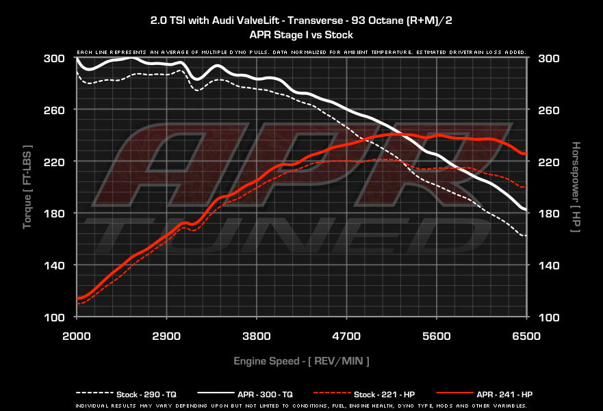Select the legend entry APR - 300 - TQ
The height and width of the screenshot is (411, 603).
[265, 394]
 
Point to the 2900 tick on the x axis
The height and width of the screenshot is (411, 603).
[166, 336]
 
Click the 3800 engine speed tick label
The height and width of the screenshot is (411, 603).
[257, 336]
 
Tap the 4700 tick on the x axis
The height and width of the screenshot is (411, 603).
[346, 336]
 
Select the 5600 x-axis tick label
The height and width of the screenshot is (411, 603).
[437, 336]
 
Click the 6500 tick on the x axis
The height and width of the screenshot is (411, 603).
[526, 336]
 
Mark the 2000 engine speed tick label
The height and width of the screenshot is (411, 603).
[77, 336]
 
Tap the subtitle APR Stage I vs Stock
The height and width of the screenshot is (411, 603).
[301, 34]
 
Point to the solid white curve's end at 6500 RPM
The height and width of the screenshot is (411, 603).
[525, 209]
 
